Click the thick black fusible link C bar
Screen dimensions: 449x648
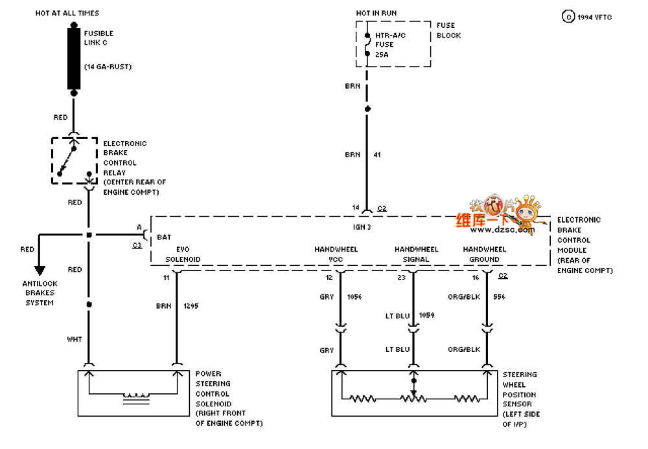(x=74, y=58)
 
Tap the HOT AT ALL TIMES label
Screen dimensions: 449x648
(x=67, y=13)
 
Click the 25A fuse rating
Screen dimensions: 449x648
(x=382, y=55)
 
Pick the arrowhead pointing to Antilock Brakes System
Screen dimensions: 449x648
(x=40, y=270)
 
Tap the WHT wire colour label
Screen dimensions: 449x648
(x=75, y=339)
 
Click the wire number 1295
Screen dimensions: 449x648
(x=191, y=305)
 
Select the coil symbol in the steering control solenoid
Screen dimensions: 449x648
(x=137, y=398)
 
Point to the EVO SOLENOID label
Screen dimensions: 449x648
(x=182, y=254)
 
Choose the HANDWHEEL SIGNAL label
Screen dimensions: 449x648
(x=416, y=254)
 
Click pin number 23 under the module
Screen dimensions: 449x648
(x=402, y=278)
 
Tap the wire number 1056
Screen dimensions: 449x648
(x=354, y=297)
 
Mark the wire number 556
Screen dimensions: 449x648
(x=499, y=297)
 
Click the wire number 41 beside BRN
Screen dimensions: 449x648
(x=377, y=155)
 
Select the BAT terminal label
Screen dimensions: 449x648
(x=164, y=237)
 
